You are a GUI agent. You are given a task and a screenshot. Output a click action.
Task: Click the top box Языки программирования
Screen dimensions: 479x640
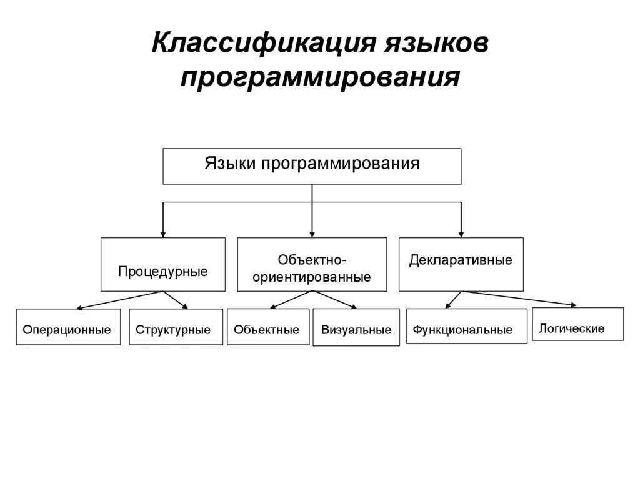coord(312,166)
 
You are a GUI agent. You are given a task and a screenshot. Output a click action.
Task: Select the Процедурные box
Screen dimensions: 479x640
coord(162,264)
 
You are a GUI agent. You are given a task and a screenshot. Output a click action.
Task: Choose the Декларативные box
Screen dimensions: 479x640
coord(461,264)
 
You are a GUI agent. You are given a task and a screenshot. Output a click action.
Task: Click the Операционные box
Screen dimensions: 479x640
coord(67,327)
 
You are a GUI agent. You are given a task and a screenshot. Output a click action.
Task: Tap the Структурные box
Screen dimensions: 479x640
coord(175,327)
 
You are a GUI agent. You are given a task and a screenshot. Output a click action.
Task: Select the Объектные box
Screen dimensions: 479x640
coord(267,327)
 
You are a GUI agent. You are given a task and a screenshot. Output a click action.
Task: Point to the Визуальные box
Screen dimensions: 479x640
coord(356,327)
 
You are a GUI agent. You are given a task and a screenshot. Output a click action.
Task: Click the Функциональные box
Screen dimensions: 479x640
coord(466,326)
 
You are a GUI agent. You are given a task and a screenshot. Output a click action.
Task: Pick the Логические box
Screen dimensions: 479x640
coord(577,323)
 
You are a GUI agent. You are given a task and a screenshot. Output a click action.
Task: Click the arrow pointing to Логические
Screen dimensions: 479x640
coord(519,298)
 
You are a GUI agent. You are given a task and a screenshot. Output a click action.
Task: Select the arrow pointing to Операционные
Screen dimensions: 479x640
coord(119,300)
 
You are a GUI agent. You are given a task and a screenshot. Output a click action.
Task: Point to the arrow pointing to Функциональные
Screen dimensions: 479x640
coord(452,300)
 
